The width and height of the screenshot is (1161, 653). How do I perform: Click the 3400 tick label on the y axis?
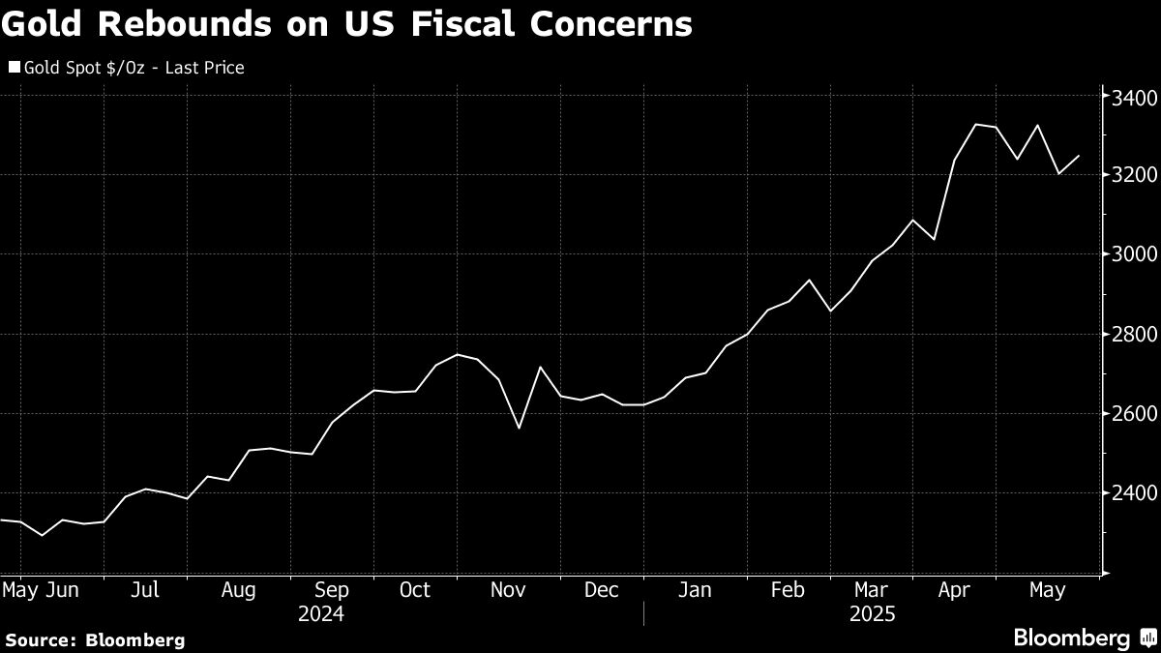(x=1129, y=98)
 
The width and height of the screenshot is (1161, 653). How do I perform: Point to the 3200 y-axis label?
(x=1129, y=175)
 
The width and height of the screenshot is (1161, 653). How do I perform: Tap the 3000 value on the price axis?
(x=1129, y=254)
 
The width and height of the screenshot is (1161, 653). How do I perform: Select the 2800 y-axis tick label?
(x=1129, y=335)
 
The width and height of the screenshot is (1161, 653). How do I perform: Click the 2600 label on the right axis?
(x=1129, y=414)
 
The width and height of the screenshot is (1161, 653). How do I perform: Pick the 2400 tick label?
(x=1129, y=493)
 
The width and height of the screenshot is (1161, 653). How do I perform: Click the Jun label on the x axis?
(x=63, y=590)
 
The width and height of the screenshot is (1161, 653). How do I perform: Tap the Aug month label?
(x=238, y=590)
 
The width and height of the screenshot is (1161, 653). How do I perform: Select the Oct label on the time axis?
(x=415, y=590)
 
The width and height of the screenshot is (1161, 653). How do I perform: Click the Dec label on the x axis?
(x=602, y=590)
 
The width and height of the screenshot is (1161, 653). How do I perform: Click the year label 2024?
(x=321, y=613)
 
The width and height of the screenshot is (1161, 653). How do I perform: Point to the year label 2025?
(x=872, y=613)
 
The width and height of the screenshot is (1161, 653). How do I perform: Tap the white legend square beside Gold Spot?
(x=14, y=68)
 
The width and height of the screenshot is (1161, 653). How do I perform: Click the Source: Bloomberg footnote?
(x=94, y=639)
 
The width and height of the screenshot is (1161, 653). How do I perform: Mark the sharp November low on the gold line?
(x=519, y=428)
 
